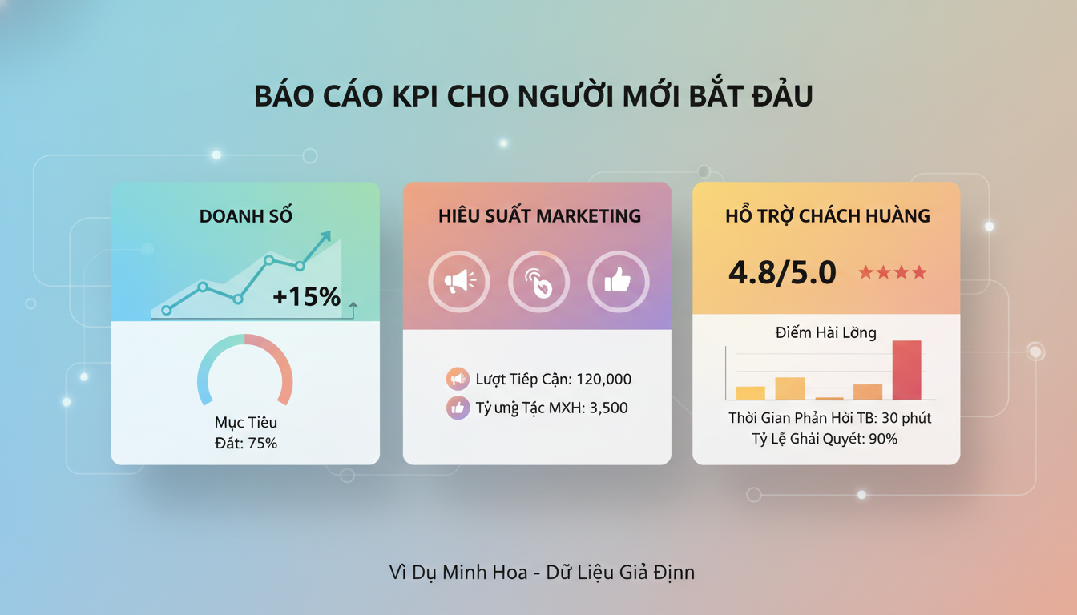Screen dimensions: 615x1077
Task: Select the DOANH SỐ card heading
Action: point(245,216)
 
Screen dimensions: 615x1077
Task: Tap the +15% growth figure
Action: point(306,297)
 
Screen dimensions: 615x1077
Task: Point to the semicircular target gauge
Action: point(244,368)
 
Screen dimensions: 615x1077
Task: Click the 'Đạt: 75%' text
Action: point(245,443)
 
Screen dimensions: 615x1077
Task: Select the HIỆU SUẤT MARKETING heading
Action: point(539,216)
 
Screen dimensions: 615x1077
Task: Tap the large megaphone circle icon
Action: point(458,281)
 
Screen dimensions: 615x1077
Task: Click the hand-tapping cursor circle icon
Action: point(538,282)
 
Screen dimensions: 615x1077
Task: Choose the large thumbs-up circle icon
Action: point(618,281)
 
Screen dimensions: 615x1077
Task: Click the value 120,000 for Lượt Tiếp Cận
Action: point(603,379)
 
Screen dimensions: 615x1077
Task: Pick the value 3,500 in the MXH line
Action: point(608,408)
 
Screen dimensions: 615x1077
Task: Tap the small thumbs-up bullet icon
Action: point(458,408)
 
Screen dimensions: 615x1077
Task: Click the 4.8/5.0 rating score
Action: point(782,273)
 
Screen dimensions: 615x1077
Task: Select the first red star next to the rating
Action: point(866,273)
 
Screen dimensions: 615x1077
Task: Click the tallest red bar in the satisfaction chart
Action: point(906,370)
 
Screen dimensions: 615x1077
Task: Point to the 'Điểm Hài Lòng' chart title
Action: point(825,332)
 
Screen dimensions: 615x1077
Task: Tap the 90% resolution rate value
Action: point(882,439)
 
